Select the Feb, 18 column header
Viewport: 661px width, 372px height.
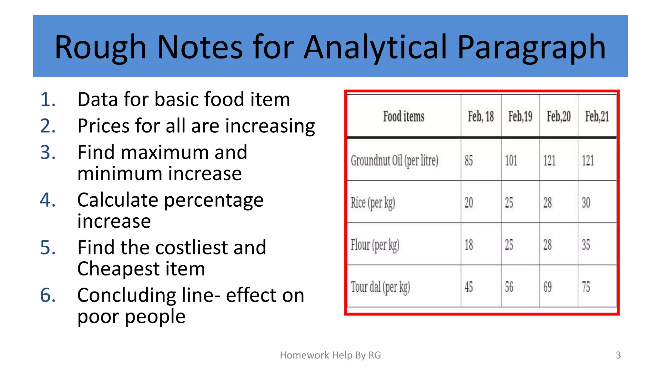pyautogui.click(x=481, y=116)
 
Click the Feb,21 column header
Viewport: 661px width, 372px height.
pyautogui.click(x=597, y=116)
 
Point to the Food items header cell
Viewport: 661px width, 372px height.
pyautogui.click(x=403, y=116)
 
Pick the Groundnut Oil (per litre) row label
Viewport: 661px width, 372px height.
pyautogui.click(x=394, y=160)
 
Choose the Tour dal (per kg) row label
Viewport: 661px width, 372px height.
pyautogui.click(x=380, y=287)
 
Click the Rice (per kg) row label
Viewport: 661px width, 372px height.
pyautogui.click(x=373, y=203)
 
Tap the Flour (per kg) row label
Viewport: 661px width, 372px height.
pyautogui.click(x=375, y=245)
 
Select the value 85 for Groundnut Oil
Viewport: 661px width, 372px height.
pyautogui.click(x=469, y=160)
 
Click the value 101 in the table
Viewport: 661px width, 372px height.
pyautogui.click(x=511, y=160)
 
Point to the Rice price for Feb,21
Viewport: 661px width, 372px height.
pyautogui.click(x=586, y=203)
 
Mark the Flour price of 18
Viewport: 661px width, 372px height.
pyautogui.click(x=469, y=245)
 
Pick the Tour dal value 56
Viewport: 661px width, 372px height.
pyautogui.click(x=509, y=287)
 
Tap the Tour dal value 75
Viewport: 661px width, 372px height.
pyautogui.click(x=586, y=287)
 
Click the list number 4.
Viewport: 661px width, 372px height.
pyautogui.click(x=48, y=200)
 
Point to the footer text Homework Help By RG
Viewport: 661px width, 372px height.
pyautogui.click(x=330, y=355)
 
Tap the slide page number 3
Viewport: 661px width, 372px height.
pyautogui.click(x=618, y=355)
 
